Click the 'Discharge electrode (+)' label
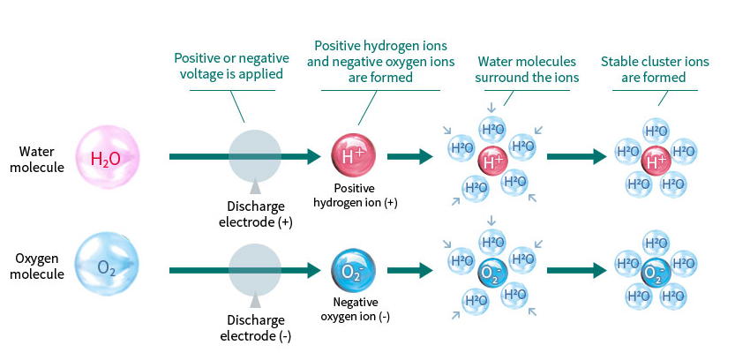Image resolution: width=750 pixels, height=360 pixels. pyautogui.click(x=255, y=214)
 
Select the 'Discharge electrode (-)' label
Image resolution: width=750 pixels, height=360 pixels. pyautogui.click(x=255, y=327)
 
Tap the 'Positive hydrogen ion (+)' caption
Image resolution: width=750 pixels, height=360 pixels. pyautogui.click(x=354, y=196)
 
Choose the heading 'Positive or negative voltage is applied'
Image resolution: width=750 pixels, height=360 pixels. pyautogui.click(x=230, y=67)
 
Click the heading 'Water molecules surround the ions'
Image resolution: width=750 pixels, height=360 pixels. pyautogui.click(x=527, y=69)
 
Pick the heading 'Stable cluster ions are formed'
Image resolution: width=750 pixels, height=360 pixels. pyautogui.click(x=655, y=69)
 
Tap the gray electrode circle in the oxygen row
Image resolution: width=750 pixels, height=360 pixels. pyautogui.click(x=255, y=270)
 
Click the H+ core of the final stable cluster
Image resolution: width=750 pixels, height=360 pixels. pyautogui.click(x=655, y=160)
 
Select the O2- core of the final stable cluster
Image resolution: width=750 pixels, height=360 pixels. pyautogui.click(x=655, y=273)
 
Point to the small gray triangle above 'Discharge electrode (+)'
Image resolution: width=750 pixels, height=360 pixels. pyautogui.click(x=255, y=186)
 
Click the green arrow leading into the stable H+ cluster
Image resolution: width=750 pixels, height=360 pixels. pyautogui.click(x=578, y=157)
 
